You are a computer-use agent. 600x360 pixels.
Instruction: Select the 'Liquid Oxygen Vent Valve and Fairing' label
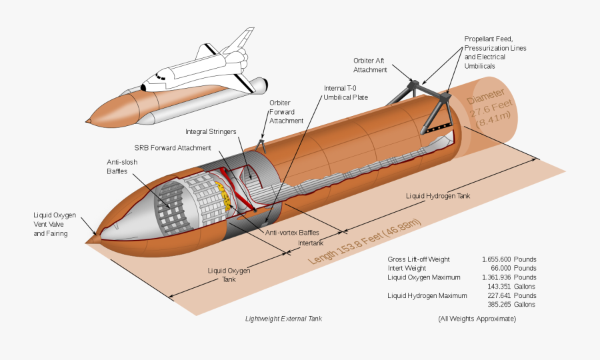(x=55, y=225)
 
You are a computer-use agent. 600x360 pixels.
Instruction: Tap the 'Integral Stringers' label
(x=211, y=132)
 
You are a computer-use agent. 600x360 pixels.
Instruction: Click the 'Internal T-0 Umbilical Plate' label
(x=345, y=93)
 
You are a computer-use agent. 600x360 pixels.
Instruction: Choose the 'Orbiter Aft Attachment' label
(x=369, y=65)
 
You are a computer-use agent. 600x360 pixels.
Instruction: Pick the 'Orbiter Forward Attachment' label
(x=286, y=112)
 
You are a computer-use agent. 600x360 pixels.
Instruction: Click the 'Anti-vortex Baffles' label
(x=292, y=233)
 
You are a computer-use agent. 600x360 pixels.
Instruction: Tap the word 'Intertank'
(x=311, y=243)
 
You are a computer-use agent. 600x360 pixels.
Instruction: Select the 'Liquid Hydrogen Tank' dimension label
(x=439, y=196)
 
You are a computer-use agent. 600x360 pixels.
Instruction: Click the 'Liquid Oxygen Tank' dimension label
(x=229, y=275)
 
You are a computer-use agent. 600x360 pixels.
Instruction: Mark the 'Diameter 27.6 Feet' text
(x=493, y=107)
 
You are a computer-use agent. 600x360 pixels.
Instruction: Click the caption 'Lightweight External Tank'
(x=283, y=319)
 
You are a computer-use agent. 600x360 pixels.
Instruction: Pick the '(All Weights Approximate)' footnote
(x=477, y=319)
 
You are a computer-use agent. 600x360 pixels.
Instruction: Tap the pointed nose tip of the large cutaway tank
(x=90, y=236)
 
